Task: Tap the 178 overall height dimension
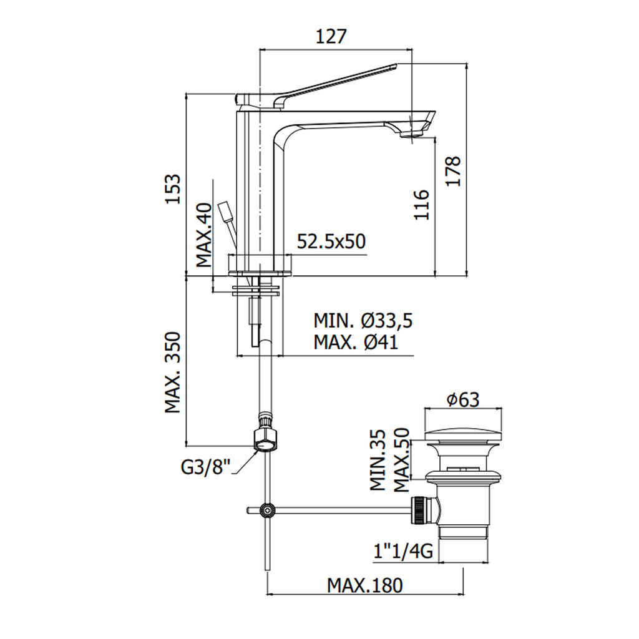pyautogui.click(x=454, y=170)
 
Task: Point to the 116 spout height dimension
pyautogui.click(x=422, y=204)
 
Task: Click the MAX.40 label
pyautogui.click(x=205, y=235)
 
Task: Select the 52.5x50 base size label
pyautogui.click(x=331, y=241)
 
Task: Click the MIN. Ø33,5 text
pyautogui.click(x=363, y=321)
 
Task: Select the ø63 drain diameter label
pyautogui.click(x=464, y=399)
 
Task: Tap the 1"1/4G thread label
pyautogui.click(x=403, y=550)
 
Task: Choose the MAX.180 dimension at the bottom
pyautogui.click(x=366, y=585)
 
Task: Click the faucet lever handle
pyautogui.click(x=337, y=81)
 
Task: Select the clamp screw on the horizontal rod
pyautogui.click(x=268, y=510)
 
